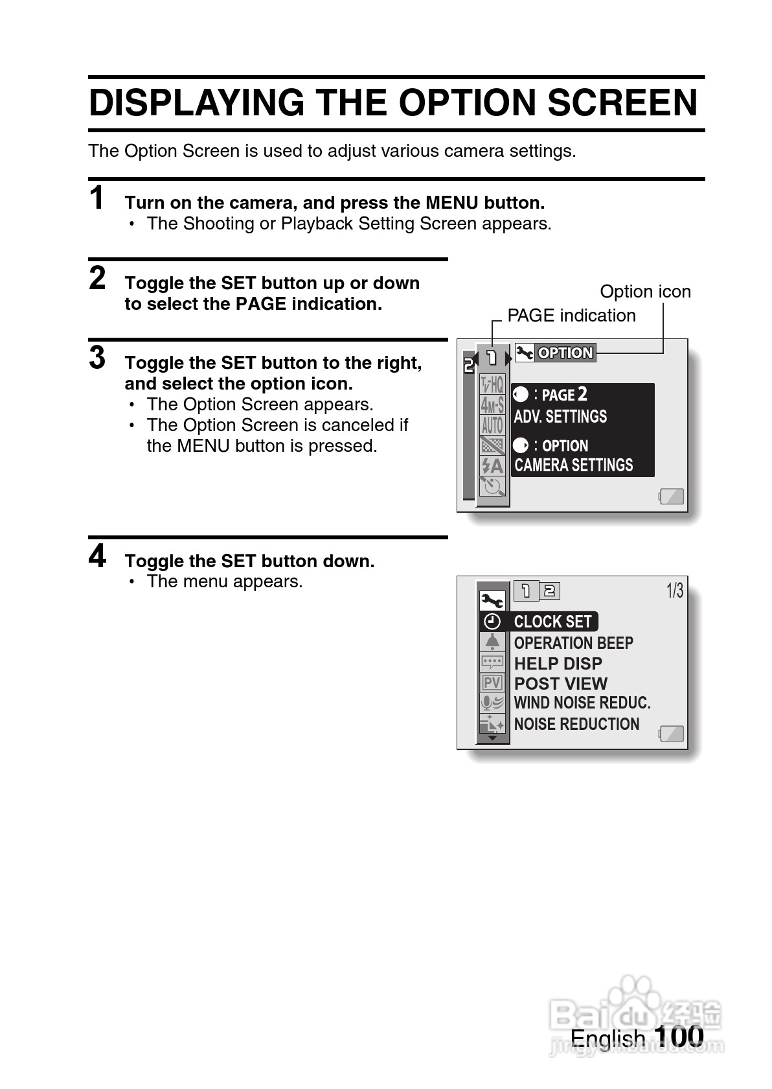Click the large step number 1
[97, 198]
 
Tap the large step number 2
[97, 279]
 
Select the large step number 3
[97, 358]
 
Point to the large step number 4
[97, 556]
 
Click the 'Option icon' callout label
[645, 292]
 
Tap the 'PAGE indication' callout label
[571, 316]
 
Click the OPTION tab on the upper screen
[565, 353]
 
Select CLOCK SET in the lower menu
[552, 622]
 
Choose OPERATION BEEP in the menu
[573, 643]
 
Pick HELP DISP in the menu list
[558, 664]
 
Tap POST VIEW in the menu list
[560, 684]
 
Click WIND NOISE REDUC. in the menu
[582, 703]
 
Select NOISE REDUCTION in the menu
[576, 724]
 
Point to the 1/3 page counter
[675, 591]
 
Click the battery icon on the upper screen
[672, 497]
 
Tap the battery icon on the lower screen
[672, 734]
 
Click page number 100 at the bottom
[678, 1036]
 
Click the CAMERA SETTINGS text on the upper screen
[573, 465]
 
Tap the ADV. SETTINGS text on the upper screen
[560, 417]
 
